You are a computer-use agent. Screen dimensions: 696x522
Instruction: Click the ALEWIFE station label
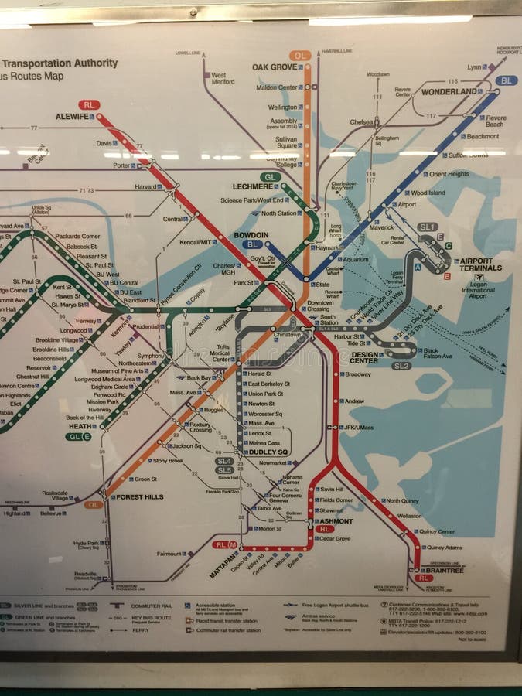click(x=73, y=117)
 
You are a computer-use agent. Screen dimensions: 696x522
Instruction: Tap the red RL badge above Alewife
click(x=89, y=104)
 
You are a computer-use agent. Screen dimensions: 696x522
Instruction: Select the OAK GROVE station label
click(x=274, y=67)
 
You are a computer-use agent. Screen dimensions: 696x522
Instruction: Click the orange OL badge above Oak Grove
click(x=300, y=56)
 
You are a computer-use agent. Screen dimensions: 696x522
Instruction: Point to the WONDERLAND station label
click(x=449, y=91)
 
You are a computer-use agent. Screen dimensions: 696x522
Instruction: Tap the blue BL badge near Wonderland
click(x=507, y=80)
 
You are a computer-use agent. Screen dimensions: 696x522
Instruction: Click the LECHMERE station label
click(x=252, y=186)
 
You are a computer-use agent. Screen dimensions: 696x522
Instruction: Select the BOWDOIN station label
click(x=251, y=234)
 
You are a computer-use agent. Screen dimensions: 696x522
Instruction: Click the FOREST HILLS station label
click(x=138, y=496)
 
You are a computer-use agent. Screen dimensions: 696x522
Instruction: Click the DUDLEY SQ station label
click(x=268, y=452)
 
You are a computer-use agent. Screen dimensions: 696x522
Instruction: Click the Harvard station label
click(x=147, y=186)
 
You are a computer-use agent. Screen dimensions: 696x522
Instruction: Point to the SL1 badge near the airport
click(x=427, y=227)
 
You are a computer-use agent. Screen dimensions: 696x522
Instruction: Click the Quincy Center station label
click(x=436, y=531)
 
